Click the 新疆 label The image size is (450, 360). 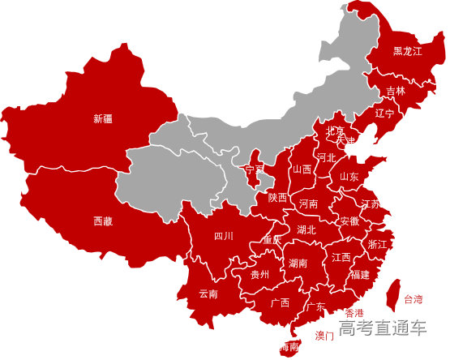103,119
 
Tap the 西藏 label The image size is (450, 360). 103,221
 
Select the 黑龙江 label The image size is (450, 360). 408,51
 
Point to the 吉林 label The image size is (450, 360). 395,91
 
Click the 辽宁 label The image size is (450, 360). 384,113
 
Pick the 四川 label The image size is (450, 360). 223,236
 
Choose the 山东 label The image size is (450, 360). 349,176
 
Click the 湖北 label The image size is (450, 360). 306,229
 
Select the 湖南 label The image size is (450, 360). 298,264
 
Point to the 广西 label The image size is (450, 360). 281,302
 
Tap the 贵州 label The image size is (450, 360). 260,275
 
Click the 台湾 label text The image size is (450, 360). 414,299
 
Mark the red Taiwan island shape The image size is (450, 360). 391,294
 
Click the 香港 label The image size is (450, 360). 354,313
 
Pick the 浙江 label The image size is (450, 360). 378,243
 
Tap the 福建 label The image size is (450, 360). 360,275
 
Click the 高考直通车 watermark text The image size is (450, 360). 383,328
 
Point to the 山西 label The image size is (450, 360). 302,169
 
